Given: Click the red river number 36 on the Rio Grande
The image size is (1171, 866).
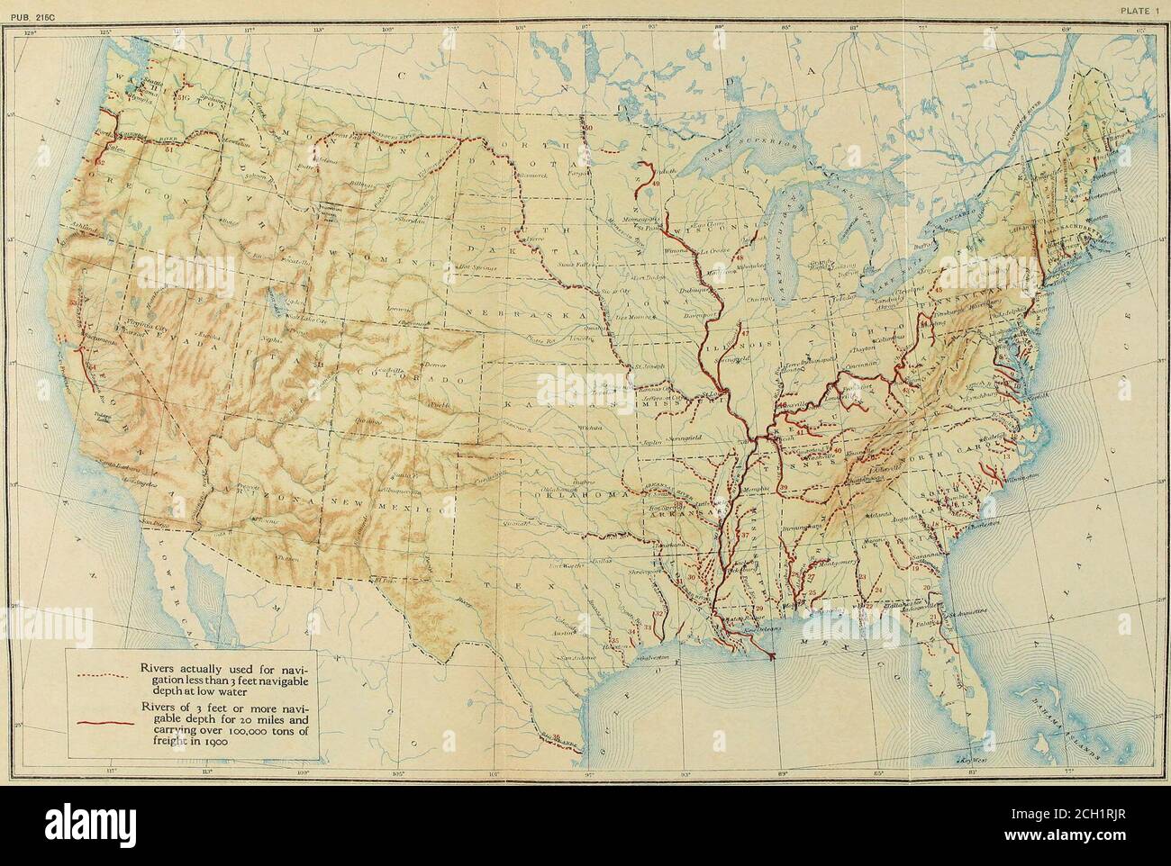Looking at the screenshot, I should tap(556, 737).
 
